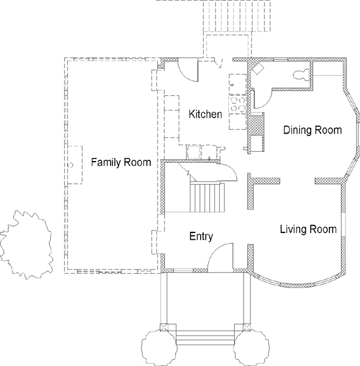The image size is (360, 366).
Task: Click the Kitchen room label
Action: [x=205, y=114]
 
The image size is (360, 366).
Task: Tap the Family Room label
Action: [x=121, y=162]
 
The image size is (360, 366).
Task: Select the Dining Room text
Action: [x=312, y=130]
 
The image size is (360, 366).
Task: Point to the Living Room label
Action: [x=308, y=229]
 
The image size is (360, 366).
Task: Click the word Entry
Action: [x=201, y=236]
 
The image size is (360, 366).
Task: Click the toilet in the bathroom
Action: [x=301, y=75]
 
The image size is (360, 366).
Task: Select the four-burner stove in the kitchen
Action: [x=237, y=104]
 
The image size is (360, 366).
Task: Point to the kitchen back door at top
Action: [x=218, y=63]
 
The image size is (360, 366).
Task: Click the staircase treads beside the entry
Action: [x=207, y=198]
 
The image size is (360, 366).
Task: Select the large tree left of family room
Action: [x=26, y=245]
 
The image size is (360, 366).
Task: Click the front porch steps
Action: [x=205, y=338]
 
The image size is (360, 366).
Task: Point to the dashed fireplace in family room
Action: [x=74, y=165]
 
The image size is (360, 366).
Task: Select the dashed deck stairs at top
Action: [x=237, y=16]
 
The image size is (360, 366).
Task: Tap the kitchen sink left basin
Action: [x=193, y=152]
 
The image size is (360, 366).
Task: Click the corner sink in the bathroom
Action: [x=258, y=68]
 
